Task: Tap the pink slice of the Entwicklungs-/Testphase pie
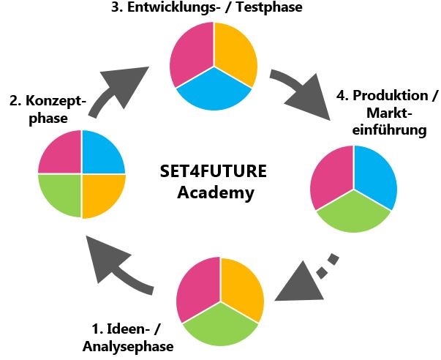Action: pos(191,55)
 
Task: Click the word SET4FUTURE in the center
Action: pos(214,173)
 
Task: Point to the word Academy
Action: pos(216,193)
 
